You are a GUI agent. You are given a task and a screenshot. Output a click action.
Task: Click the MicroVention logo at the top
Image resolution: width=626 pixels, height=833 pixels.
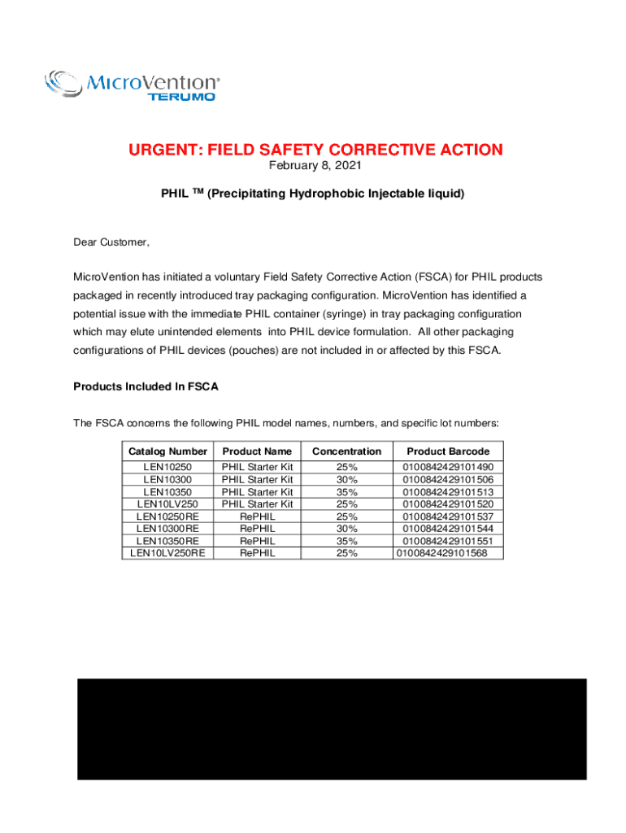tap(132, 85)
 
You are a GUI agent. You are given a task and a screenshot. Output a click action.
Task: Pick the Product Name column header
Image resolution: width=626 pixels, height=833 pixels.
tap(257, 451)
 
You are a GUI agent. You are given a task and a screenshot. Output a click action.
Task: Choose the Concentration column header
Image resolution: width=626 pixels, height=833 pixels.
tap(346, 451)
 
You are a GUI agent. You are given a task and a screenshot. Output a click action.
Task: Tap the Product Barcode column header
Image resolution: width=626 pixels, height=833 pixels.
tap(448, 451)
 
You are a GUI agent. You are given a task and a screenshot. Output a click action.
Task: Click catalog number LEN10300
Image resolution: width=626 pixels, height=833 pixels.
tap(168, 480)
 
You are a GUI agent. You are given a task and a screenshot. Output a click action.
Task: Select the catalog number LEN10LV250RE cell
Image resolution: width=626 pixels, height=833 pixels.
tap(168, 553)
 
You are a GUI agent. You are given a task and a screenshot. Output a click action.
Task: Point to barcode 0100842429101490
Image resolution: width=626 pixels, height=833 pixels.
tap(448, 468)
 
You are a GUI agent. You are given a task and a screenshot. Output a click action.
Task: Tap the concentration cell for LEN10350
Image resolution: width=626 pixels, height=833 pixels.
tap(346, 492)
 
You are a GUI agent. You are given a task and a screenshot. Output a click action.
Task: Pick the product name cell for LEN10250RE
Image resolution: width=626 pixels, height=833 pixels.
tap(257, 517)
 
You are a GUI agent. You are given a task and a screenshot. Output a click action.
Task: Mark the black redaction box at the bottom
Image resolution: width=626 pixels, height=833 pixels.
tap(332, 729)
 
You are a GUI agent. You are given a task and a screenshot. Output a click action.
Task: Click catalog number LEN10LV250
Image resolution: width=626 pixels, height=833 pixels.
tap(168, 504)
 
